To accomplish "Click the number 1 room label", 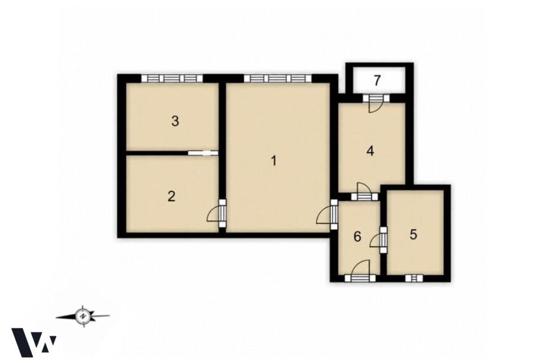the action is [x=274, y=160].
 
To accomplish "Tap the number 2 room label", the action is [x=171, y=196].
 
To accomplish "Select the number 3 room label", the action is [x=175, y=121].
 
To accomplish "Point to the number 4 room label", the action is [x=370, y=151].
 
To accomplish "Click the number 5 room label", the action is [x=413, y=234].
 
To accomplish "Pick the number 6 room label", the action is [x=357, y=237].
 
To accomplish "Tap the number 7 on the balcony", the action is [x=377, y=80].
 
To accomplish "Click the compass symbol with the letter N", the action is [x=83, y=315].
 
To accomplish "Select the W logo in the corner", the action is [x=34, y=342].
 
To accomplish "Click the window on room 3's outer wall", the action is [x=172, y=79].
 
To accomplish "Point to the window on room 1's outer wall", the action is [x=278, y=79].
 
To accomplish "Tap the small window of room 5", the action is [x=413, y=278].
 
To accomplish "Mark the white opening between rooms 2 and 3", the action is [x=203, y=153].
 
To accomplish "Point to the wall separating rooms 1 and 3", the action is [x=222, y=117].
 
